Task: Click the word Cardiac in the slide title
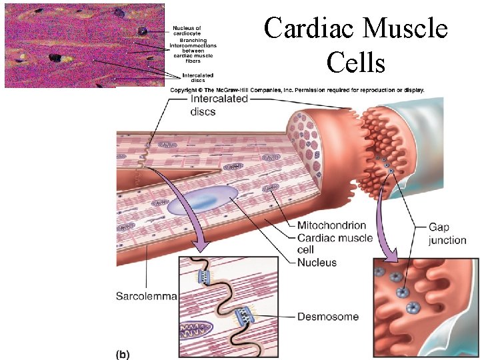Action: pyautogui.click(x=307, y=29)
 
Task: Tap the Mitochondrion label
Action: pyautogui.click(x=331, y=225)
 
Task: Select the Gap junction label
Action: pyautogui.click(x=447, y=233)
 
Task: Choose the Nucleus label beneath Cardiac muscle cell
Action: pyautogui.click(x=317, y=263)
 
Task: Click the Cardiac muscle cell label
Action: pyautogui.click(x=335, y=244)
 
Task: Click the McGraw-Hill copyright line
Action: pyautogui.click(x=297, y=90)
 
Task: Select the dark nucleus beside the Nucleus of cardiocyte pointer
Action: pyautogui.click(x=143, y=31)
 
